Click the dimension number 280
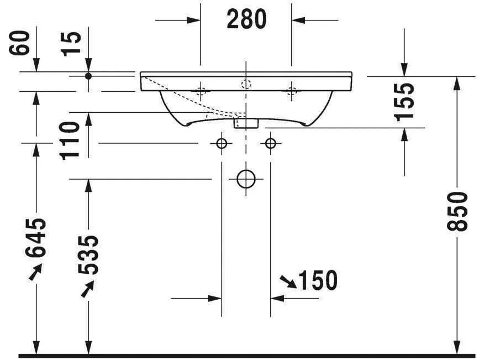(246, 20)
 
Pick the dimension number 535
(88, 255)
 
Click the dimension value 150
(318, 281)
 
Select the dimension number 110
(71, 140)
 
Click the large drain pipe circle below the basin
(246, 179)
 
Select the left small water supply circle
(222, 144)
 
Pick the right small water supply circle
(270, 144)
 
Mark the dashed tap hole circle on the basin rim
(246, 84)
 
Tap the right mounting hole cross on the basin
(291, 91)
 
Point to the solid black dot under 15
(88, 75)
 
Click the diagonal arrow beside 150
(288, 281)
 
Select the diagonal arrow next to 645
(35, 272)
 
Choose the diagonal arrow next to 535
(87, 289)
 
